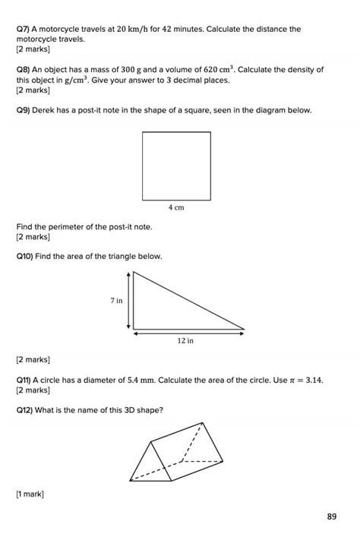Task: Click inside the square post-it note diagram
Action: (175, 166)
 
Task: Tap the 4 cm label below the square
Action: (175, 207)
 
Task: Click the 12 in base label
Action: (186, 341)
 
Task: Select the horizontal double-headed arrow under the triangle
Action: (188, 332)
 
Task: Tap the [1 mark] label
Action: (30, 494)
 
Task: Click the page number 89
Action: (331, 517)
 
